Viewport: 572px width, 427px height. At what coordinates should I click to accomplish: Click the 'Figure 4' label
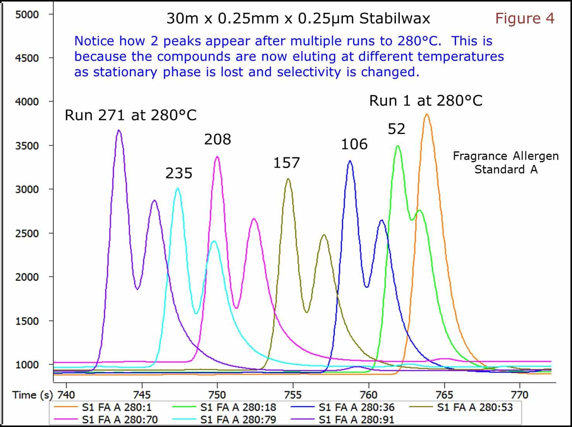click(525, 18)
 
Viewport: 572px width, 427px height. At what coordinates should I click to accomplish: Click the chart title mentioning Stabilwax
click(298, 19)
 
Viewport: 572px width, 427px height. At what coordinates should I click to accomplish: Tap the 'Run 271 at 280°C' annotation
click(130, 115)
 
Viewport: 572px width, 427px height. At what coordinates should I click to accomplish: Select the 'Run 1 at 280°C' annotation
click(426, 101)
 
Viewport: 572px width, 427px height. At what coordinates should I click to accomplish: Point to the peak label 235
click(179, 173)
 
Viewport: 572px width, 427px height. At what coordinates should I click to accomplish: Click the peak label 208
click(217, 139)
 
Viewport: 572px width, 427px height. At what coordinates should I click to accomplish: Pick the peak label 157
click(286, 163)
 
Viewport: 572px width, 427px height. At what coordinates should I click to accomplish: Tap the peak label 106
click(354, 144)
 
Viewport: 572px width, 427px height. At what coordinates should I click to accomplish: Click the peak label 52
click(396, 129)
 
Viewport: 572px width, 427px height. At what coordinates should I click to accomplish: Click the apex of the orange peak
click(426, 115)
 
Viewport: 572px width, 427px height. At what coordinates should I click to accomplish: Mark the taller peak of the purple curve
click(119, 130)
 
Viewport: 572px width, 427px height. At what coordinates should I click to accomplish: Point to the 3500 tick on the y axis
click(27, 146)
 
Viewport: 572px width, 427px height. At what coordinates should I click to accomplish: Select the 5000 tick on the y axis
click(27, 14)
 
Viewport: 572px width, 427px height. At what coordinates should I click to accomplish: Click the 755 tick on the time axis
click(293, 394)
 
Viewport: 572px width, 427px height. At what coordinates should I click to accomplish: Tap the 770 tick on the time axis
click(519, 394)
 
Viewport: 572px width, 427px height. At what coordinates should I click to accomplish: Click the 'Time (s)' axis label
click(33, 395)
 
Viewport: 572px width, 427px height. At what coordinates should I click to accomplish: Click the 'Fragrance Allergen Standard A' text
click(506, 163)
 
